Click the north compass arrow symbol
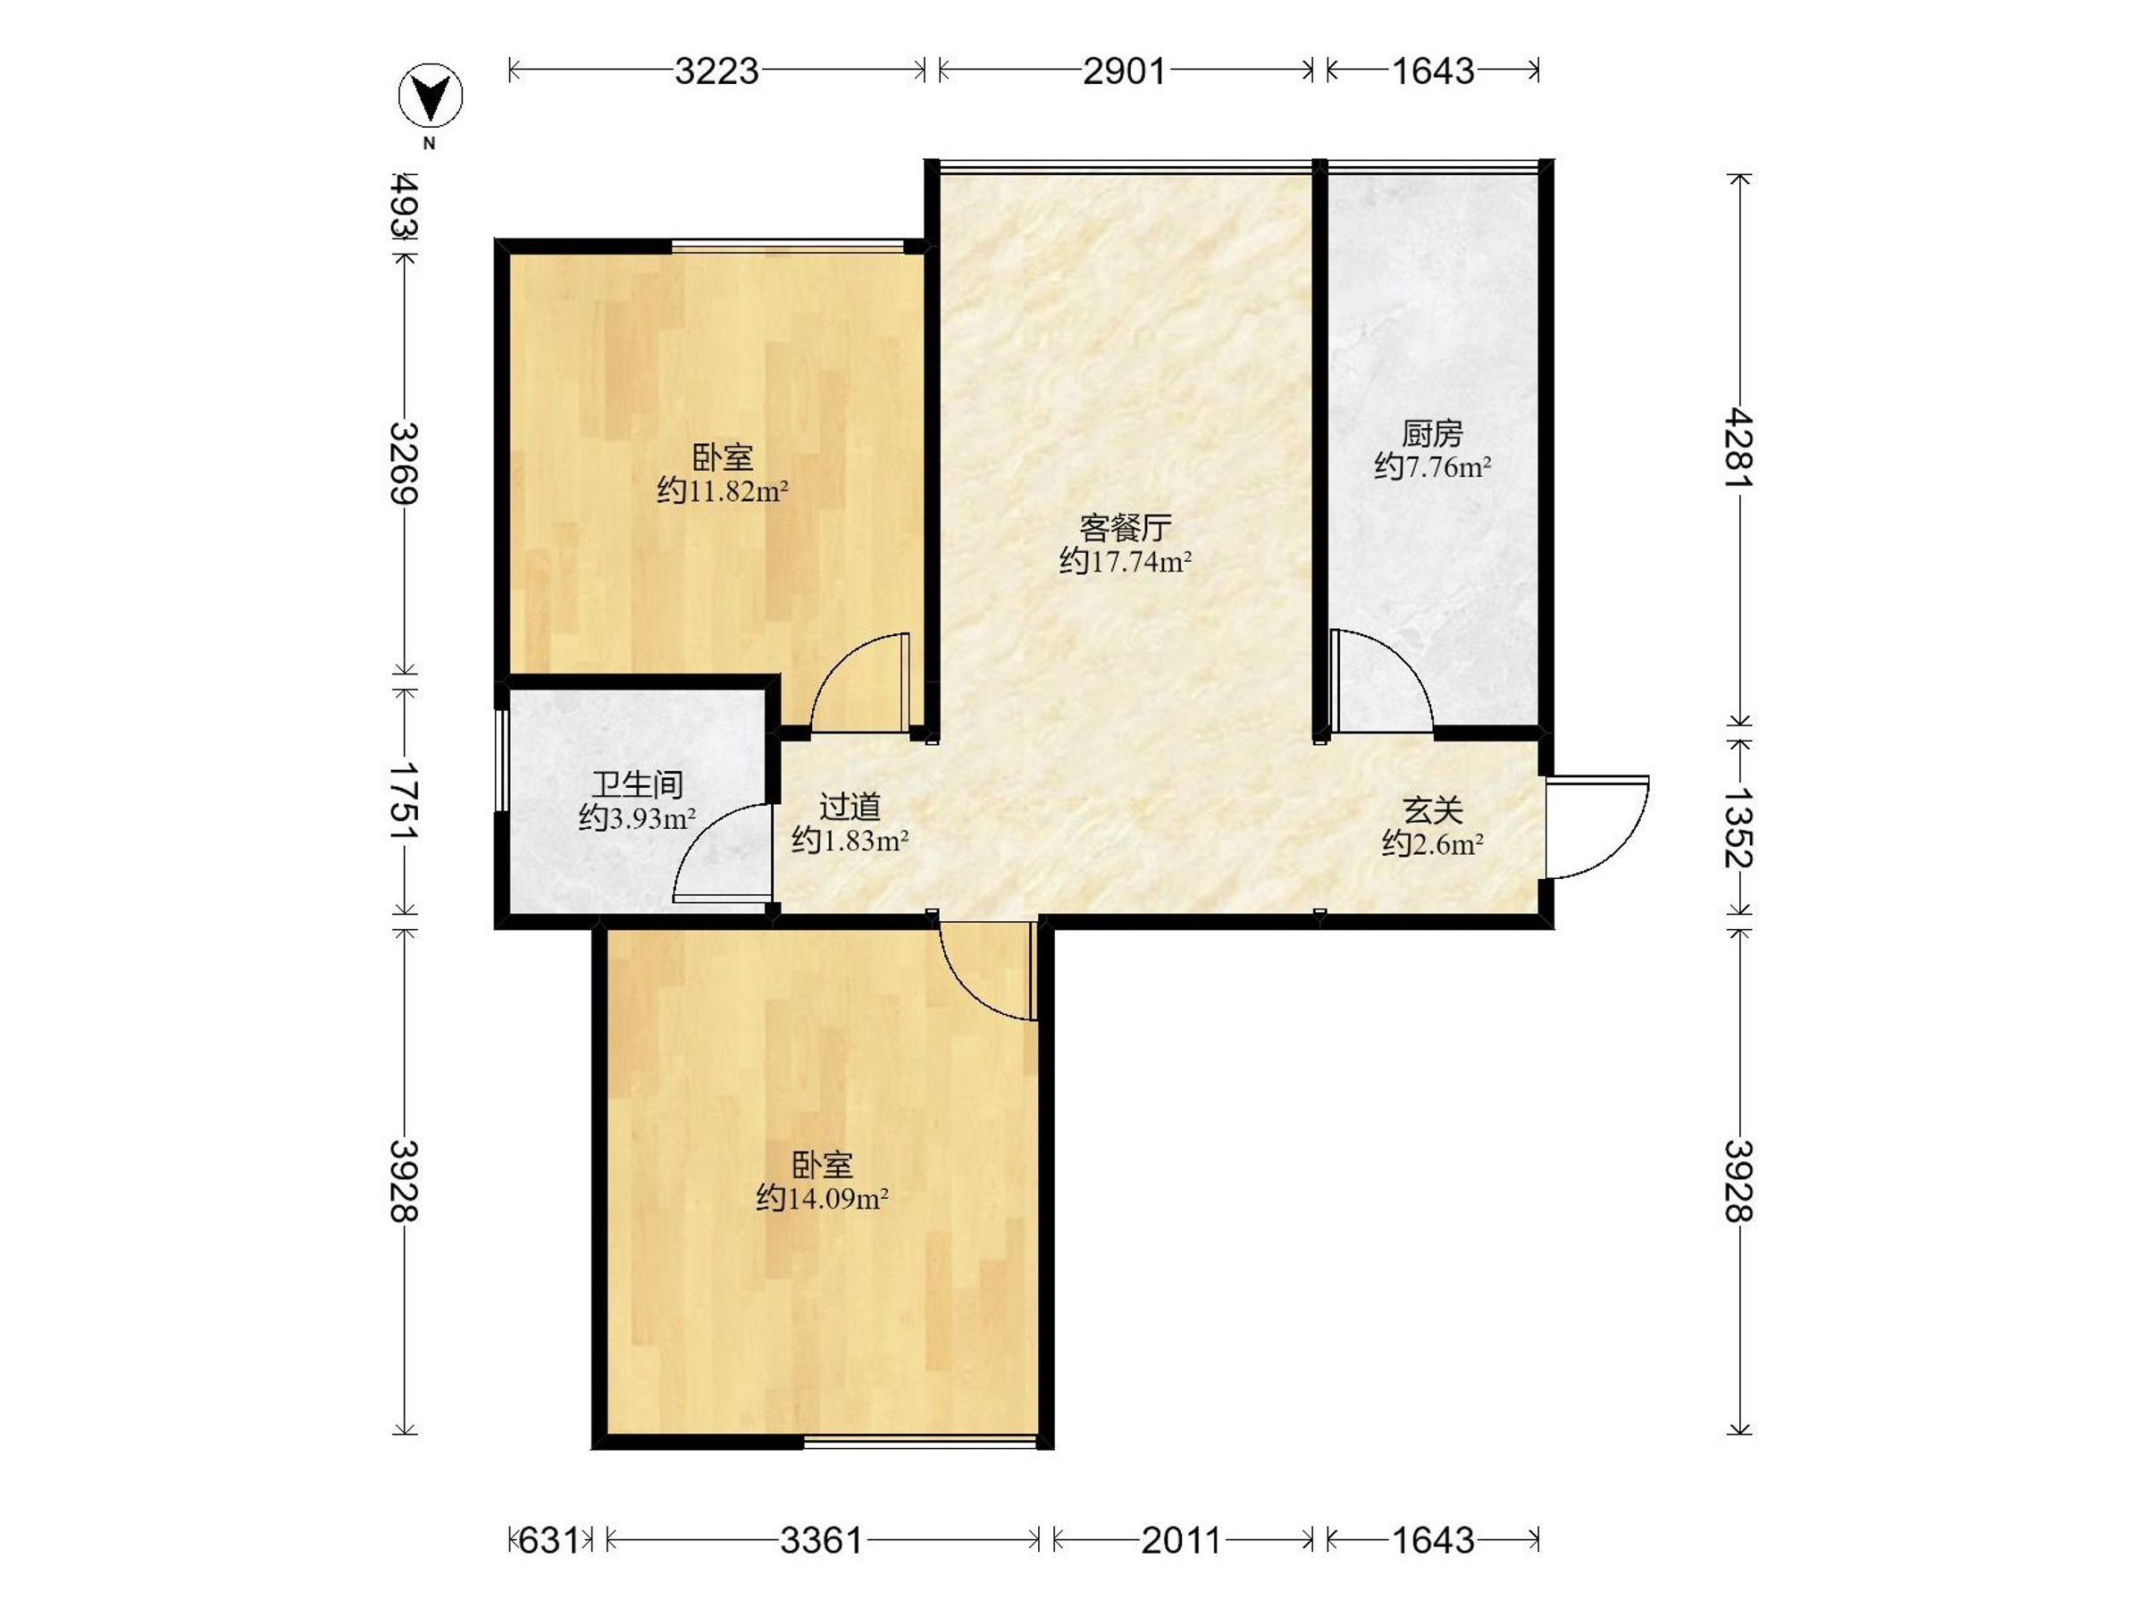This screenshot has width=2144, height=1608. point(431,95)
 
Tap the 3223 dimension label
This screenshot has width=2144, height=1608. point(717,71)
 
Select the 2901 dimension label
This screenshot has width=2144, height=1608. point(1125,71)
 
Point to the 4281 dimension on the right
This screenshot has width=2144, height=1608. point(1740,448)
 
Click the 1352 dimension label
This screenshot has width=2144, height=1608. point(1740,826)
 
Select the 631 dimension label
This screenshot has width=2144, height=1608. point(549,1540)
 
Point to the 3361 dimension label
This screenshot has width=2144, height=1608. point(822,1540)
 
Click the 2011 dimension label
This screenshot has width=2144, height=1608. point(1182,1540)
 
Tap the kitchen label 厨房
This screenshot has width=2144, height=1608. point(1432,433)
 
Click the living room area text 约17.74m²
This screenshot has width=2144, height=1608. point(1126,561)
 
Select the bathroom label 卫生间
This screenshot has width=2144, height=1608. point(637,783)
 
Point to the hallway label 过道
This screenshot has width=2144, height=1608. point(850,807)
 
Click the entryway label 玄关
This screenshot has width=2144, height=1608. point(1433,809)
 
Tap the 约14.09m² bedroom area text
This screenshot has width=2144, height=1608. point(823,1199)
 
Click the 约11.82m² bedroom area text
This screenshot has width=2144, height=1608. point(723,490)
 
